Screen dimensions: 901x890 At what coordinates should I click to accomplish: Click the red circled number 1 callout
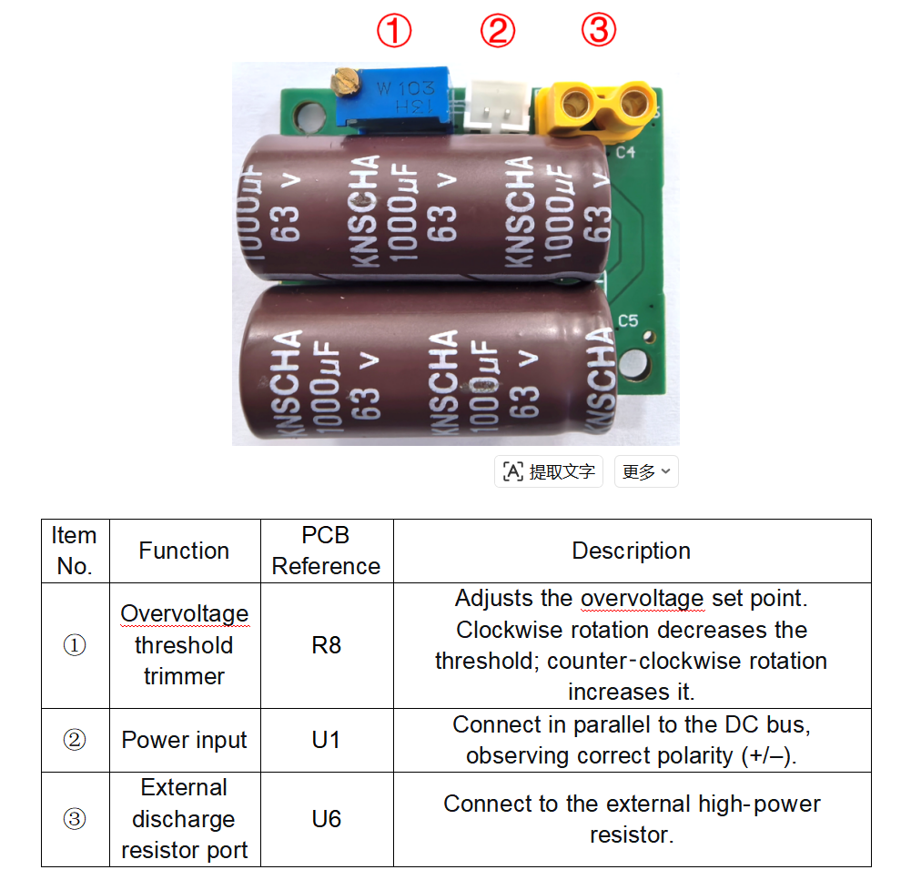point(394,30)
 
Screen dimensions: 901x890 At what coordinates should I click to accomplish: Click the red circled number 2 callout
point(498,30)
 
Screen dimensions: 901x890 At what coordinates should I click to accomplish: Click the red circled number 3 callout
point(599,30)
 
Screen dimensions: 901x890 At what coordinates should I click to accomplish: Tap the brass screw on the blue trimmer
point(344,82)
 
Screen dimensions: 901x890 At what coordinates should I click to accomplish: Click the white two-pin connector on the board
point(498,106)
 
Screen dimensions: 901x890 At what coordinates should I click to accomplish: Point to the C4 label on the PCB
point(626,152)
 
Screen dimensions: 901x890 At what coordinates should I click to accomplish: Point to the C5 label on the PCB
point(628,320)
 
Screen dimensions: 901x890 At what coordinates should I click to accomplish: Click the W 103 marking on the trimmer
point(406,88)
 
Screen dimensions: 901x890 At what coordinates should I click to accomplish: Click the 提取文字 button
point(549,471)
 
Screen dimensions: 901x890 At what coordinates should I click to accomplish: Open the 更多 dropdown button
point(646,471)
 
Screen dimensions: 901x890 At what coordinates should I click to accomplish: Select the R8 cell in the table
point(327,645)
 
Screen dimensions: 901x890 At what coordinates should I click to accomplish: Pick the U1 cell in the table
point(327,740)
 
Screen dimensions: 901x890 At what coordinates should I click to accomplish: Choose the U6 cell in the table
point(327,819)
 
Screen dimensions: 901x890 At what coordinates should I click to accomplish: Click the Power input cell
point(185,740)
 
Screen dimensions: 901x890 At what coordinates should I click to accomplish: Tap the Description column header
point(632,551)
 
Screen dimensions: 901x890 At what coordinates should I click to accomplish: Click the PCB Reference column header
point(327,551)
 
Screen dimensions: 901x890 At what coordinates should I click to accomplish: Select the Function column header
point(185,551)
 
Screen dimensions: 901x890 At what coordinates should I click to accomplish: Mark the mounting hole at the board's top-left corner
point(309,116)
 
